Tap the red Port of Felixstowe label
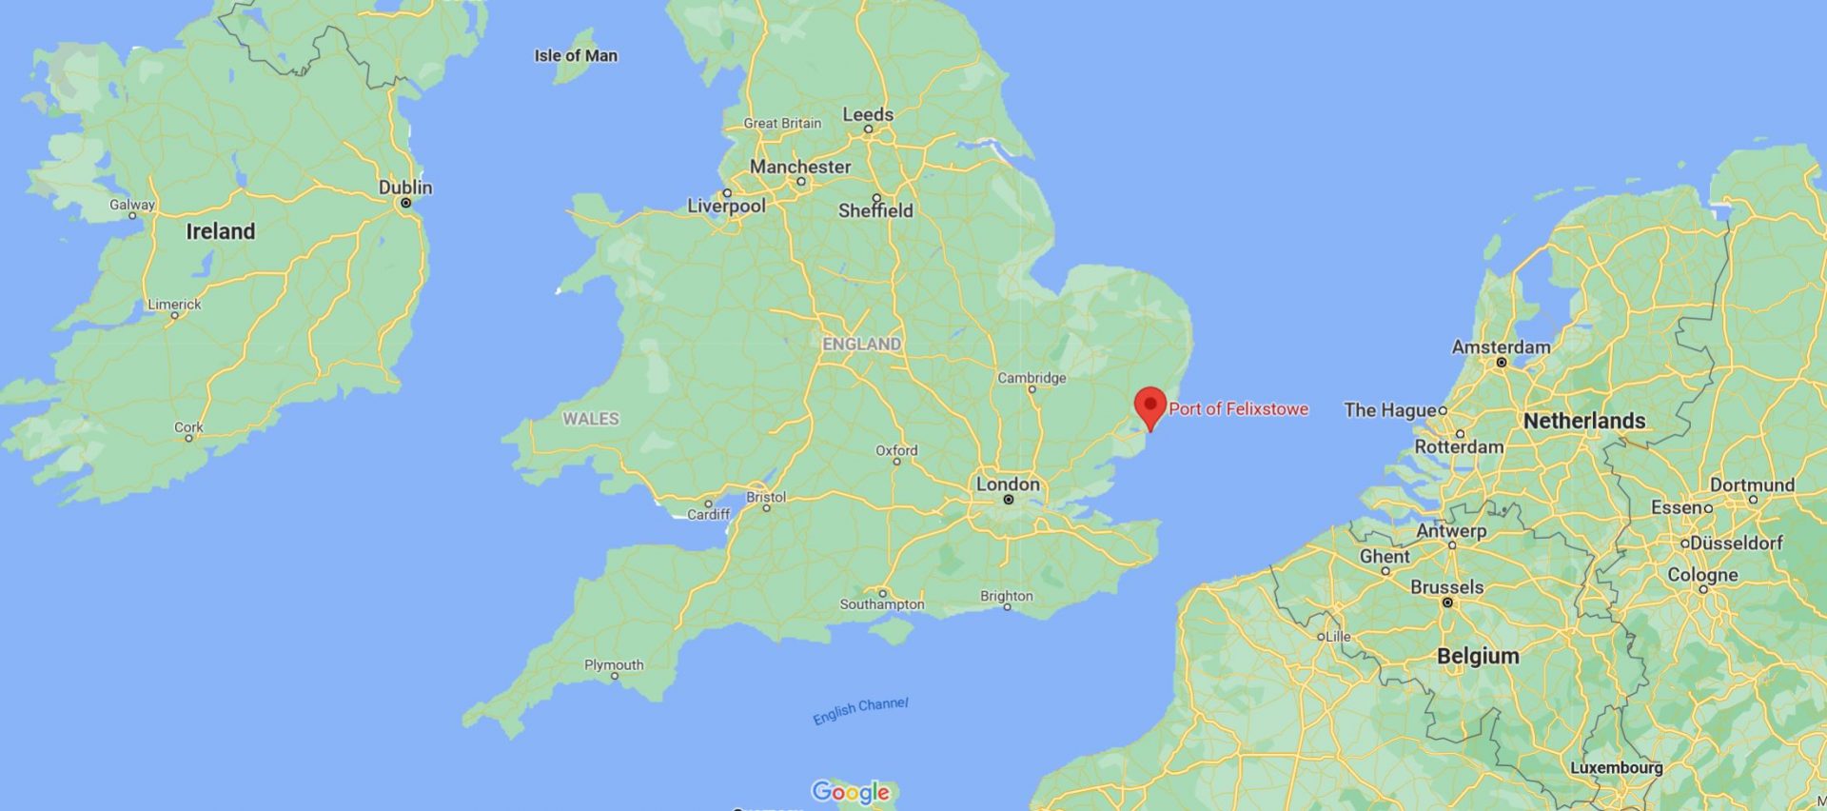1238,409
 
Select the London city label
1008,484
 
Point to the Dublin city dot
405,203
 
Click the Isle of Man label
576,56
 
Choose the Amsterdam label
1501,347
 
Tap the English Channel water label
860,710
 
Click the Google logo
851,791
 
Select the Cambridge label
1031,378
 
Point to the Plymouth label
614,664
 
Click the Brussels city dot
1447,603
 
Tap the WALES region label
590,419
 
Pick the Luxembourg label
1617,767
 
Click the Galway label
131,205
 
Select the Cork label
188,427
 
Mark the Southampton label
882,604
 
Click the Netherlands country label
1583,421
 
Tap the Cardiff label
709,515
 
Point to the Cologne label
1702,575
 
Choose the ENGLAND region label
861,344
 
